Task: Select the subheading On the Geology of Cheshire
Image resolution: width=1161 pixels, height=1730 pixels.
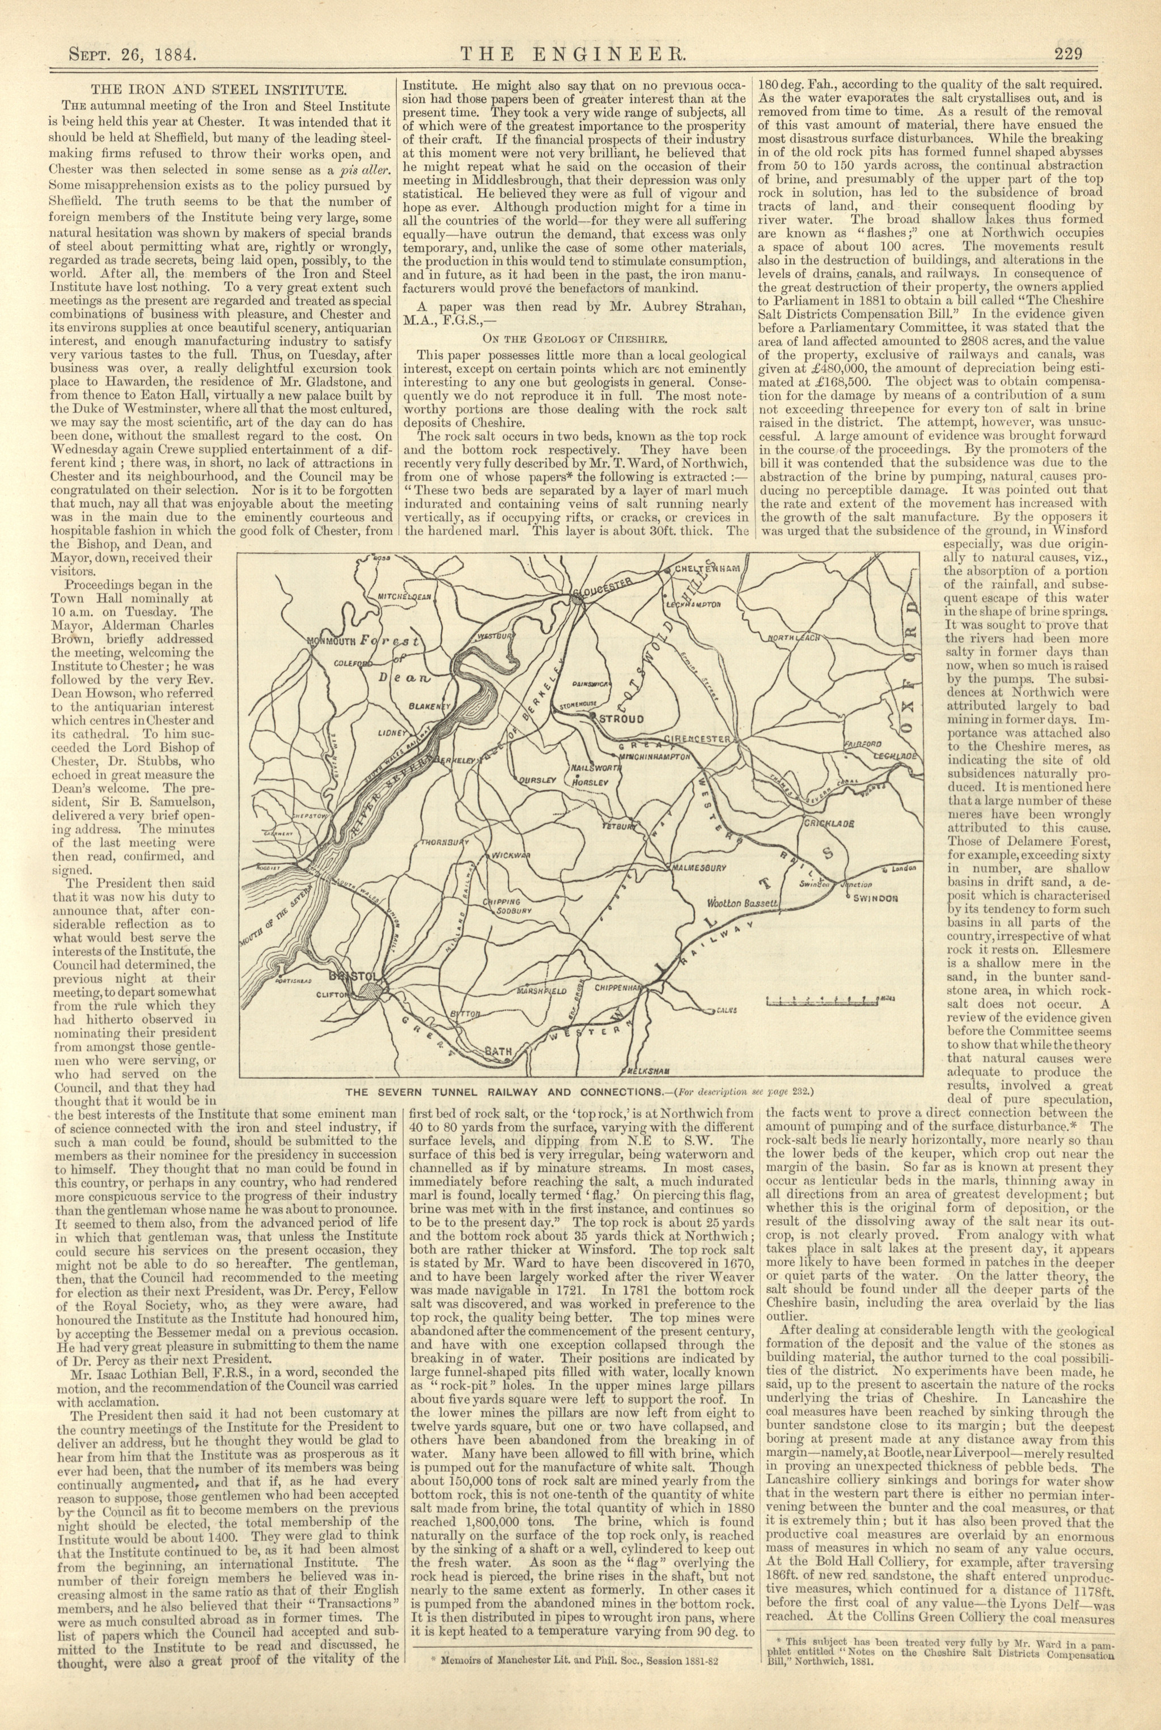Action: click(x=575, y=339)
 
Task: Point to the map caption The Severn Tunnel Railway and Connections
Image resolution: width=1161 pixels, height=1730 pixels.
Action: click(x=503, y=1091)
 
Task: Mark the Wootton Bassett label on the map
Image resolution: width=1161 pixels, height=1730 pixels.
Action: click(x=741, y=903)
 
